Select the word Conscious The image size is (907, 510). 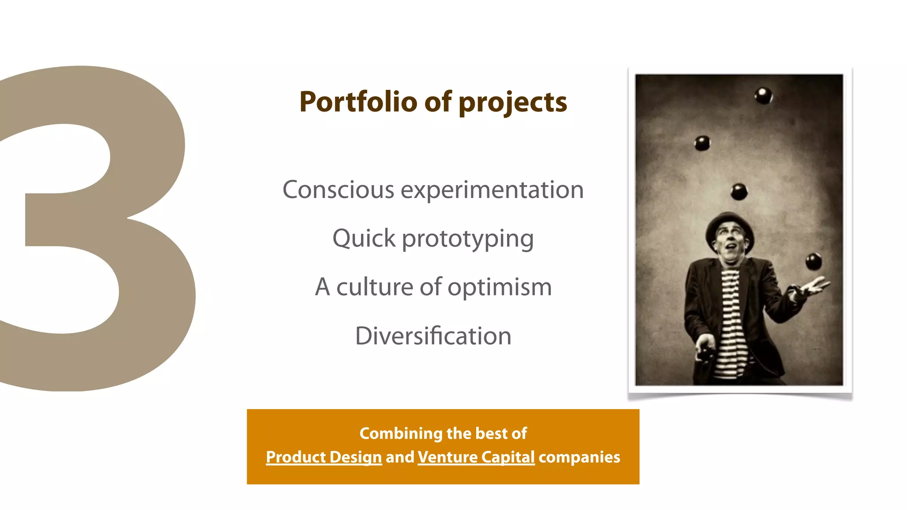tap(338, 190)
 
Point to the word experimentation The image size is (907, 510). tap(492, 190)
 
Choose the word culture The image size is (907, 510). tap(375, 287)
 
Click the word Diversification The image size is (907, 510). tap(433, 336)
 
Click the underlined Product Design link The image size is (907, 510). tap(324, 457)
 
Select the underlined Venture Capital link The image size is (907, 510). tap(476, 457)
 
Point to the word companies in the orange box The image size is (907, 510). tap(579, 457)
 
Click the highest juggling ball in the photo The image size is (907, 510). tap(763, 96)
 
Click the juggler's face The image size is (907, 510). tap(731, 244)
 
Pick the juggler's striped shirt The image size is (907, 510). tap(731, 319)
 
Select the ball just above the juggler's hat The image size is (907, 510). tap(739, 192)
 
